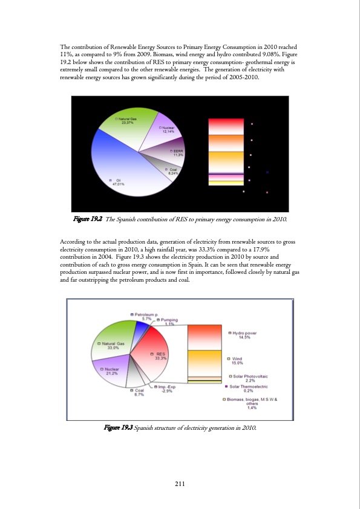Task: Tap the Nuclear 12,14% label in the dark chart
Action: [x=168, y=130]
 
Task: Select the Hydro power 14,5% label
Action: [x=244, y=335]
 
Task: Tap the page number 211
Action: [x=180, y=483]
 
